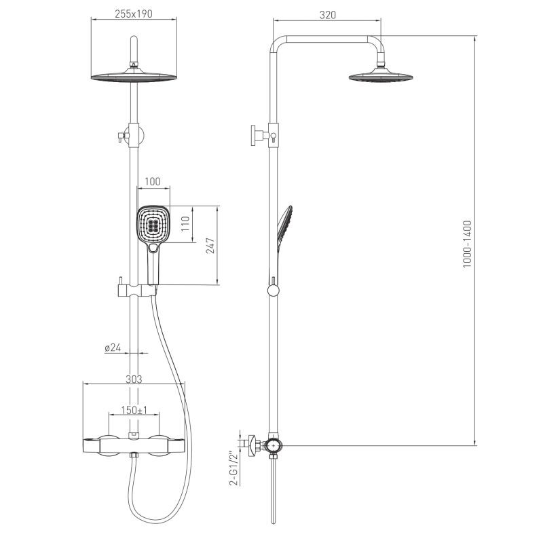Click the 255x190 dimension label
[x=133, y=14]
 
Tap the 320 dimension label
[x=327, y=15]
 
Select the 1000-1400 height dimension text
[x=468, y=244]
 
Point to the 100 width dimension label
[x=152, y=181]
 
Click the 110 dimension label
[x=185, y=224]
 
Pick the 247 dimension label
[x=210, y=246]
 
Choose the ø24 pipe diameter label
[x=113, y=348]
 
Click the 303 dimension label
[x=134, y=379]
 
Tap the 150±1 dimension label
[x=134, y=411]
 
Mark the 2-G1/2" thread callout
[x=234, y=468]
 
